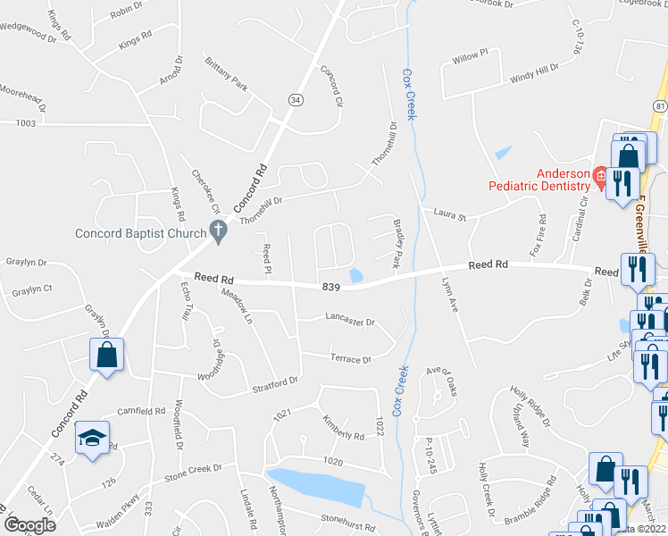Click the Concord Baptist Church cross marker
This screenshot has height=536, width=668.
(216, 230)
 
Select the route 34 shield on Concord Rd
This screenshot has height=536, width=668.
(295, 99)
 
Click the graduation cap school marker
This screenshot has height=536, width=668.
(91, 438)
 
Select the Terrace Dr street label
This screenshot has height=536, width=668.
(350, 360)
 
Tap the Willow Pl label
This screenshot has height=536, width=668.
(471, 55)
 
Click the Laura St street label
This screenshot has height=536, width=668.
(450, 213)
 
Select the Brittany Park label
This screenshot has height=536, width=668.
(226, 75)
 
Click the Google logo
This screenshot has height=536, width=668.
(29, 525)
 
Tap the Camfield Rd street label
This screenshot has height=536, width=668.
(140, 412)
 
